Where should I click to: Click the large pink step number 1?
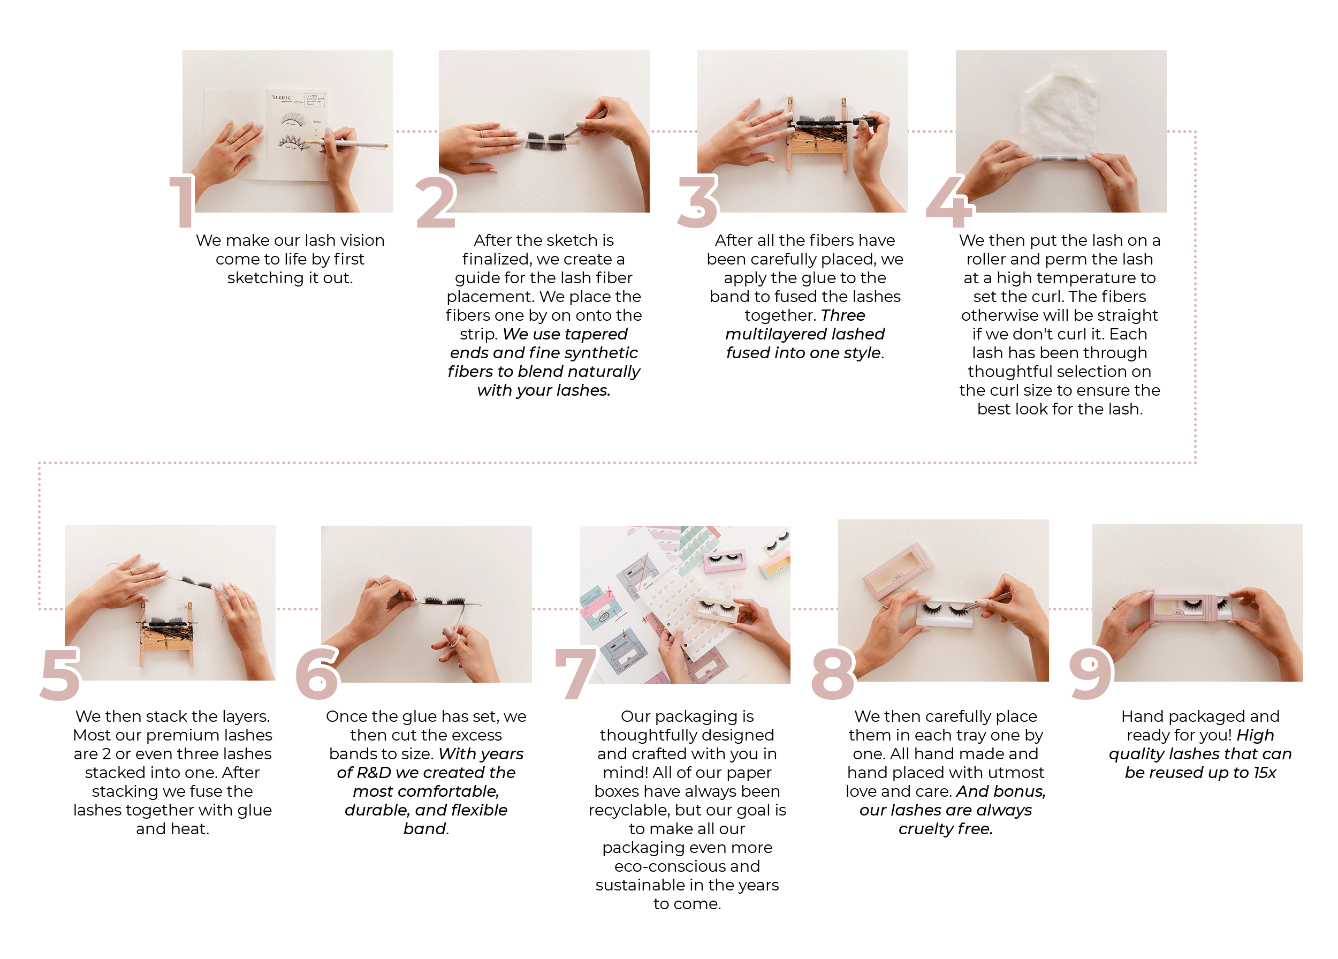182,201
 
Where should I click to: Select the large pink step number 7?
576,673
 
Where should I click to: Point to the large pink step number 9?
1091,673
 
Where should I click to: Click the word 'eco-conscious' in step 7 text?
687,866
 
